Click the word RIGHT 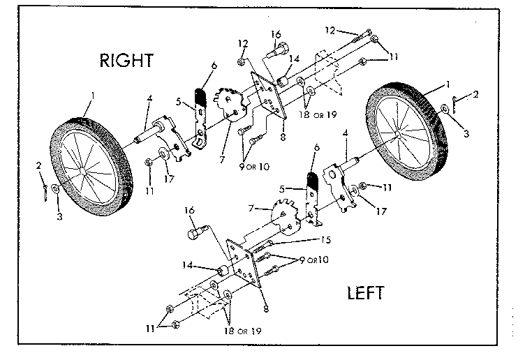126,61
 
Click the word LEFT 366,293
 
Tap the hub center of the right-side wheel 397,133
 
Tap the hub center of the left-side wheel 82,170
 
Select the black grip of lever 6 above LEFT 313,181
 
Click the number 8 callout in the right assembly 283,137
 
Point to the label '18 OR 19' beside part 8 318,114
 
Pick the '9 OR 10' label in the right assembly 254,166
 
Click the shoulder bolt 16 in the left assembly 196,232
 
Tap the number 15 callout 325,240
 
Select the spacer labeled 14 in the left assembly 222,270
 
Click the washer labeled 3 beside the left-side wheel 55,189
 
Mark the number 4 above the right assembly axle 149,98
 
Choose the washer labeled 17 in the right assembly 164,153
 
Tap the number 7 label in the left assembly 251,208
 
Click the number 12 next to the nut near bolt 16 244,43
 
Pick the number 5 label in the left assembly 281,189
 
